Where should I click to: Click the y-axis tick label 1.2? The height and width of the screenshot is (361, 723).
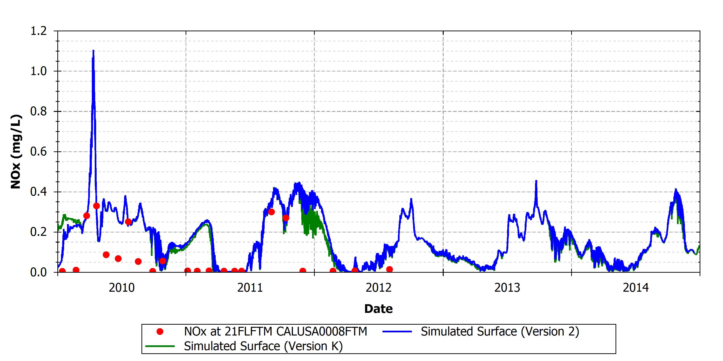click(x=39, y=31)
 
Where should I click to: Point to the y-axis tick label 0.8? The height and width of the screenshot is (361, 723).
click(x=39, y=112)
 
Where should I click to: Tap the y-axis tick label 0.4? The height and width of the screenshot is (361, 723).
click(x=39, y=192)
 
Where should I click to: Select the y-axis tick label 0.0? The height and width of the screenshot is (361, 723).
click(x=39, y=272)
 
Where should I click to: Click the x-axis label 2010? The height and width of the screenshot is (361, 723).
click(x=121, y=288)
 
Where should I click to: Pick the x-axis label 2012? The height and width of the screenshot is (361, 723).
click(x=379, y=288)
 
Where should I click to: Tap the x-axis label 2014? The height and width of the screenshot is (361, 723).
click(x=636, y=288)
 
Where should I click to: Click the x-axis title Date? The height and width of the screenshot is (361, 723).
click(x=378, y=309)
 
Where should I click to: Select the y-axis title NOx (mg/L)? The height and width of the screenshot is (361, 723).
click(x=16, y=152)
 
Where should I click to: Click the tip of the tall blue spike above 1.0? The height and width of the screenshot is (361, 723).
click(x=93, y=51)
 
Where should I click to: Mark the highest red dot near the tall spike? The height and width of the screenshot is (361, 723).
click(x=96, y=206)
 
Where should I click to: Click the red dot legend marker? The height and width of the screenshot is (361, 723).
click(x=160, y=332)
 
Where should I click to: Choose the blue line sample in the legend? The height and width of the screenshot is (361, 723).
click(x=397, y=332)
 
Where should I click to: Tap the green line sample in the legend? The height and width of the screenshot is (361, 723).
click(x=160, y=346)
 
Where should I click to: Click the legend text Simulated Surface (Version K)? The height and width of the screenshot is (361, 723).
click(x=263, y=346)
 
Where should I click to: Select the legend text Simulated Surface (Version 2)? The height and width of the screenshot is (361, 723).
click(x=500, y=332)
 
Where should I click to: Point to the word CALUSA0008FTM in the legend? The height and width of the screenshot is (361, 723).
click(x=322, y=332)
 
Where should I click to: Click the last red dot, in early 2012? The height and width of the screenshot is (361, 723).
click(x=389, y=269)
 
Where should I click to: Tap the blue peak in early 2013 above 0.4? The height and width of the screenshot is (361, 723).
click(x=536, y=181)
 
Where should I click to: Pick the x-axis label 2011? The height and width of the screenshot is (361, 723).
click(x=250, y=288)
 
